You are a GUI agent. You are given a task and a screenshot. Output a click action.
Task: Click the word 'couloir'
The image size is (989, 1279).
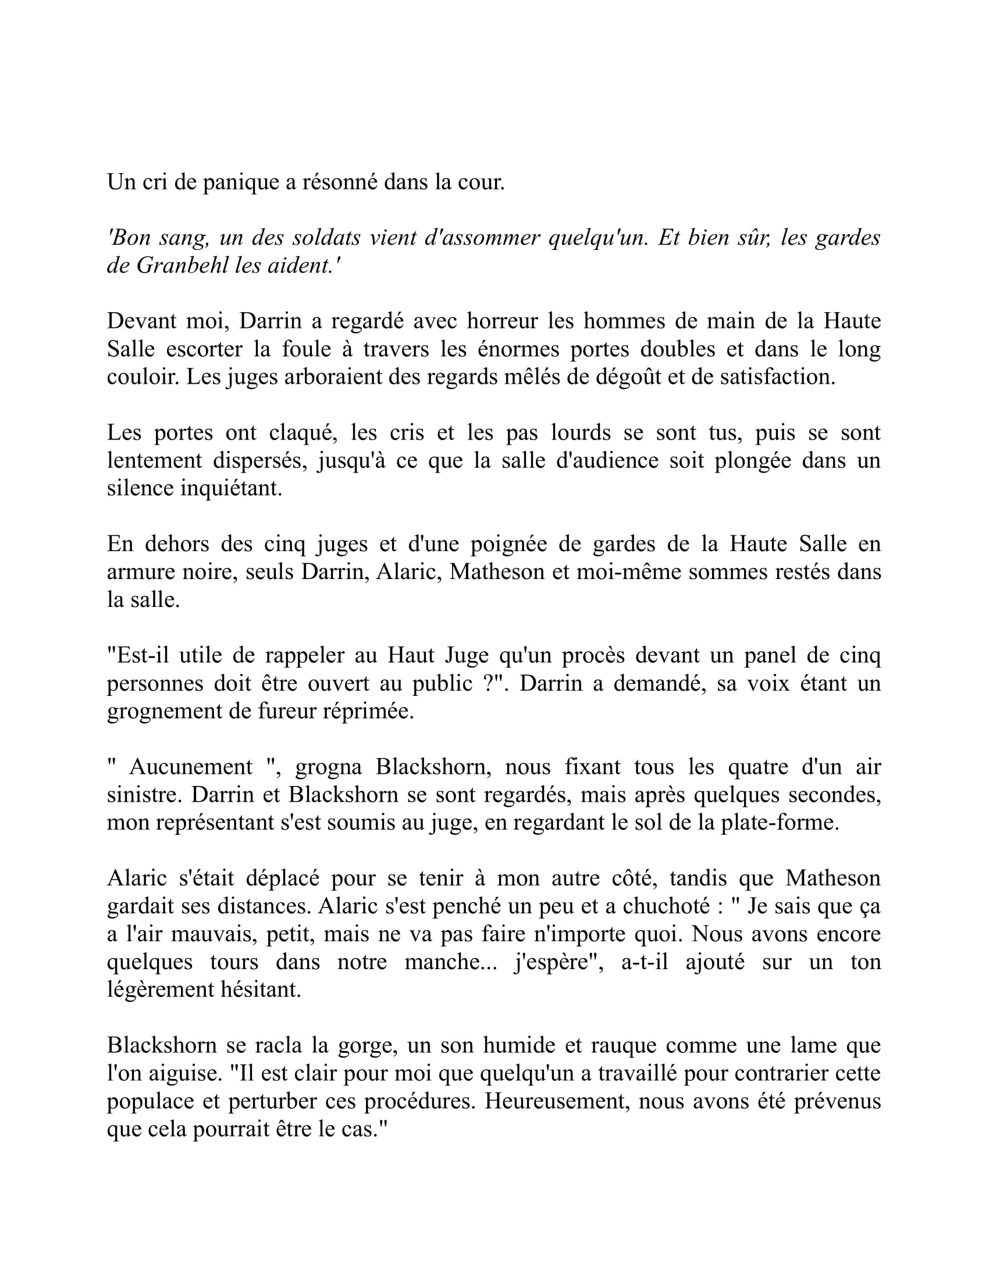(x=143, y=377)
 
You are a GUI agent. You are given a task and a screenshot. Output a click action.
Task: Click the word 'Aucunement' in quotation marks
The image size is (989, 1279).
(x=191, y=767)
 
